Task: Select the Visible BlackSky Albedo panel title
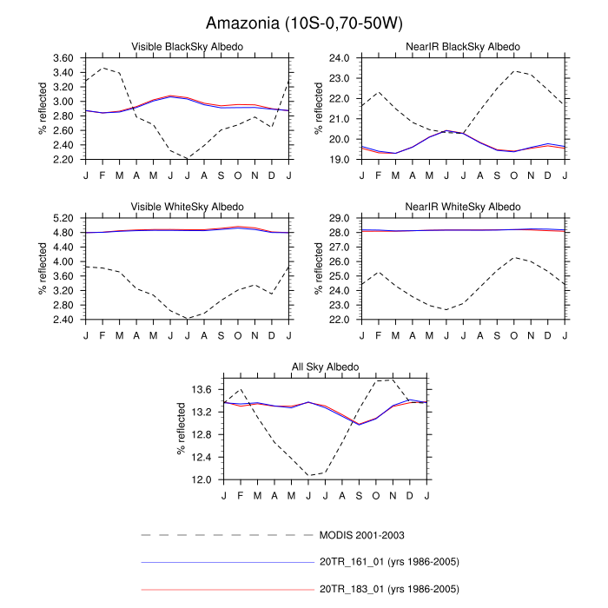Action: (187, 46)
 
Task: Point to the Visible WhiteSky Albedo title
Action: (187, 206)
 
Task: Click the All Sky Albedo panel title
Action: (325, 367)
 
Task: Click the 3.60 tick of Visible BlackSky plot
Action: (63, 57)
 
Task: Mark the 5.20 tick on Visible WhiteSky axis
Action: (63, 218)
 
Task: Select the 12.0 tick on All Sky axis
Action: (202, 479)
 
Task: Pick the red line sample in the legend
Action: (226, 589)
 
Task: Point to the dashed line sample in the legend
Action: (226, 535)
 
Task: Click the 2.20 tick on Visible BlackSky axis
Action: (63, 159)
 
